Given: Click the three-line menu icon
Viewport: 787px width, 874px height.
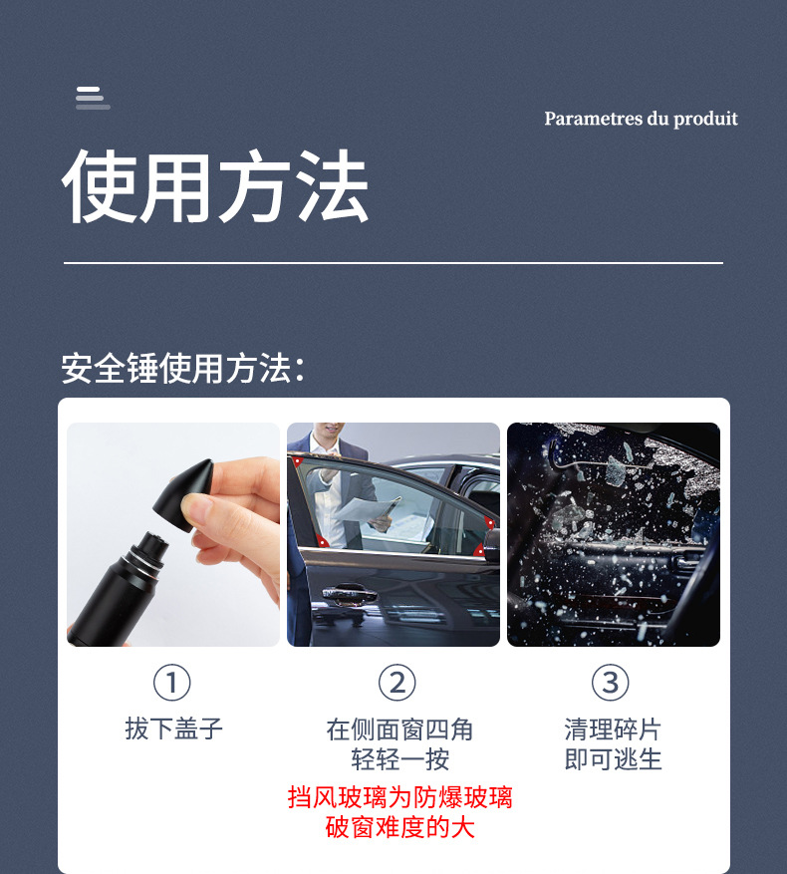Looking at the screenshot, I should (92, 98).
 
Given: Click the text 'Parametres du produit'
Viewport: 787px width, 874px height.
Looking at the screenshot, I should (641, 119).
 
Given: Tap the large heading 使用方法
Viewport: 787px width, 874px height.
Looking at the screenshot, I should (215, 187).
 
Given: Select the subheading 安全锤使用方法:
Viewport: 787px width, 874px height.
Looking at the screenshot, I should (182, 368).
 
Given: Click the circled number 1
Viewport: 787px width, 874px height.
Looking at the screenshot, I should (171, 683).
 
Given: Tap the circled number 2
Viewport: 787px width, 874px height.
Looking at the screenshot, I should (396, 683).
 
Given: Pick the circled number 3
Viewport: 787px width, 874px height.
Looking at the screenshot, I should (611, 683).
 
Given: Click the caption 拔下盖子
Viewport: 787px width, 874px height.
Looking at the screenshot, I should (173, 728).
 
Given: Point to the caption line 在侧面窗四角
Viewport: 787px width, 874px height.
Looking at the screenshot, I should (399, 729).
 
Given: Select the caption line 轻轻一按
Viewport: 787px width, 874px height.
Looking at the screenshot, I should (399, 760).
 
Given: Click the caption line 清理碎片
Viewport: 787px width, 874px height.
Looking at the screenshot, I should (613, 729).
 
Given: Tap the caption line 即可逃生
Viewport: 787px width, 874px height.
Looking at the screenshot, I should (613, 760).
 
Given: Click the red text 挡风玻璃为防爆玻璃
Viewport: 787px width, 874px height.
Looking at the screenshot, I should (399, 797).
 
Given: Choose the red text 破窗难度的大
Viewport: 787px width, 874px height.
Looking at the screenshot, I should (399, 827).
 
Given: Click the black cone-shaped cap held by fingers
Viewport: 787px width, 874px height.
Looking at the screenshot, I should (188, 487).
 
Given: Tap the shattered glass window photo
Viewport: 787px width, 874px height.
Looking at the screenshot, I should (613, 534).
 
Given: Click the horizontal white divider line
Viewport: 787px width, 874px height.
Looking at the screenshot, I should (393, 263).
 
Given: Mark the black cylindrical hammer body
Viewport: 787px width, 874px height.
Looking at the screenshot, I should (115, 588).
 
